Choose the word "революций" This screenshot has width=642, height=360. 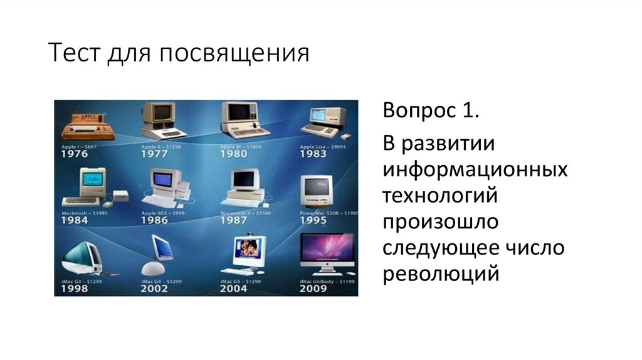tap(442, 274)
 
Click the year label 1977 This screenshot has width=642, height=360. tap(154, 154)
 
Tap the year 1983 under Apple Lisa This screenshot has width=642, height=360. tap(313, 154)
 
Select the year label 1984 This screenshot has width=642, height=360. tap(75, 221)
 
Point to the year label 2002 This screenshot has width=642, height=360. tap(154, 289)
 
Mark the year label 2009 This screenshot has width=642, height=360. tap(313, 289)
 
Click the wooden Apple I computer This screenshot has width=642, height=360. tap(82, 125)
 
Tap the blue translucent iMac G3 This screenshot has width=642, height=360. tap(82, 253)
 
